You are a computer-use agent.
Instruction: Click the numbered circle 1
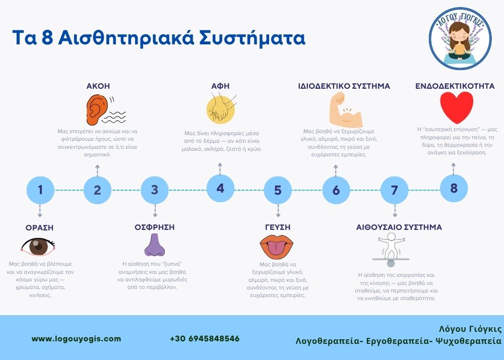click(40, 190)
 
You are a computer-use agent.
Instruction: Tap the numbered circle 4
click(220, 189)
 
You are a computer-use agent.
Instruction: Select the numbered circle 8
click(454, 188)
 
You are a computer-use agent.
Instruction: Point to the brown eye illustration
click(38, 247)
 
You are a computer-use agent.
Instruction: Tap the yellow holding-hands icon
click(221, 108)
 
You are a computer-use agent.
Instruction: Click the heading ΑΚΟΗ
click(98, 86)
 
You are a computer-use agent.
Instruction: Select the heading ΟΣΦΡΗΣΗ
click(155, 227)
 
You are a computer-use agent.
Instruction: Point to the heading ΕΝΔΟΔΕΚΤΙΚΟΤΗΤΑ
click(455, 86)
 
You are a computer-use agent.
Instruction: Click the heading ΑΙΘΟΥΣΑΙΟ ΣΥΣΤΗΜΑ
click(399, 227)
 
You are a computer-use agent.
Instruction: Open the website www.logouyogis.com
click(77, 339)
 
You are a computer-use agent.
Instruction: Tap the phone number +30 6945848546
click(205, 339)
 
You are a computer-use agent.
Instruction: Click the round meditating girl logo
click(460, 38)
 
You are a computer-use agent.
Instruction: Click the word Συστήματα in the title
click(252, 38)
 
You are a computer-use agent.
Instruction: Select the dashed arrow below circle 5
click(278, 211)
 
